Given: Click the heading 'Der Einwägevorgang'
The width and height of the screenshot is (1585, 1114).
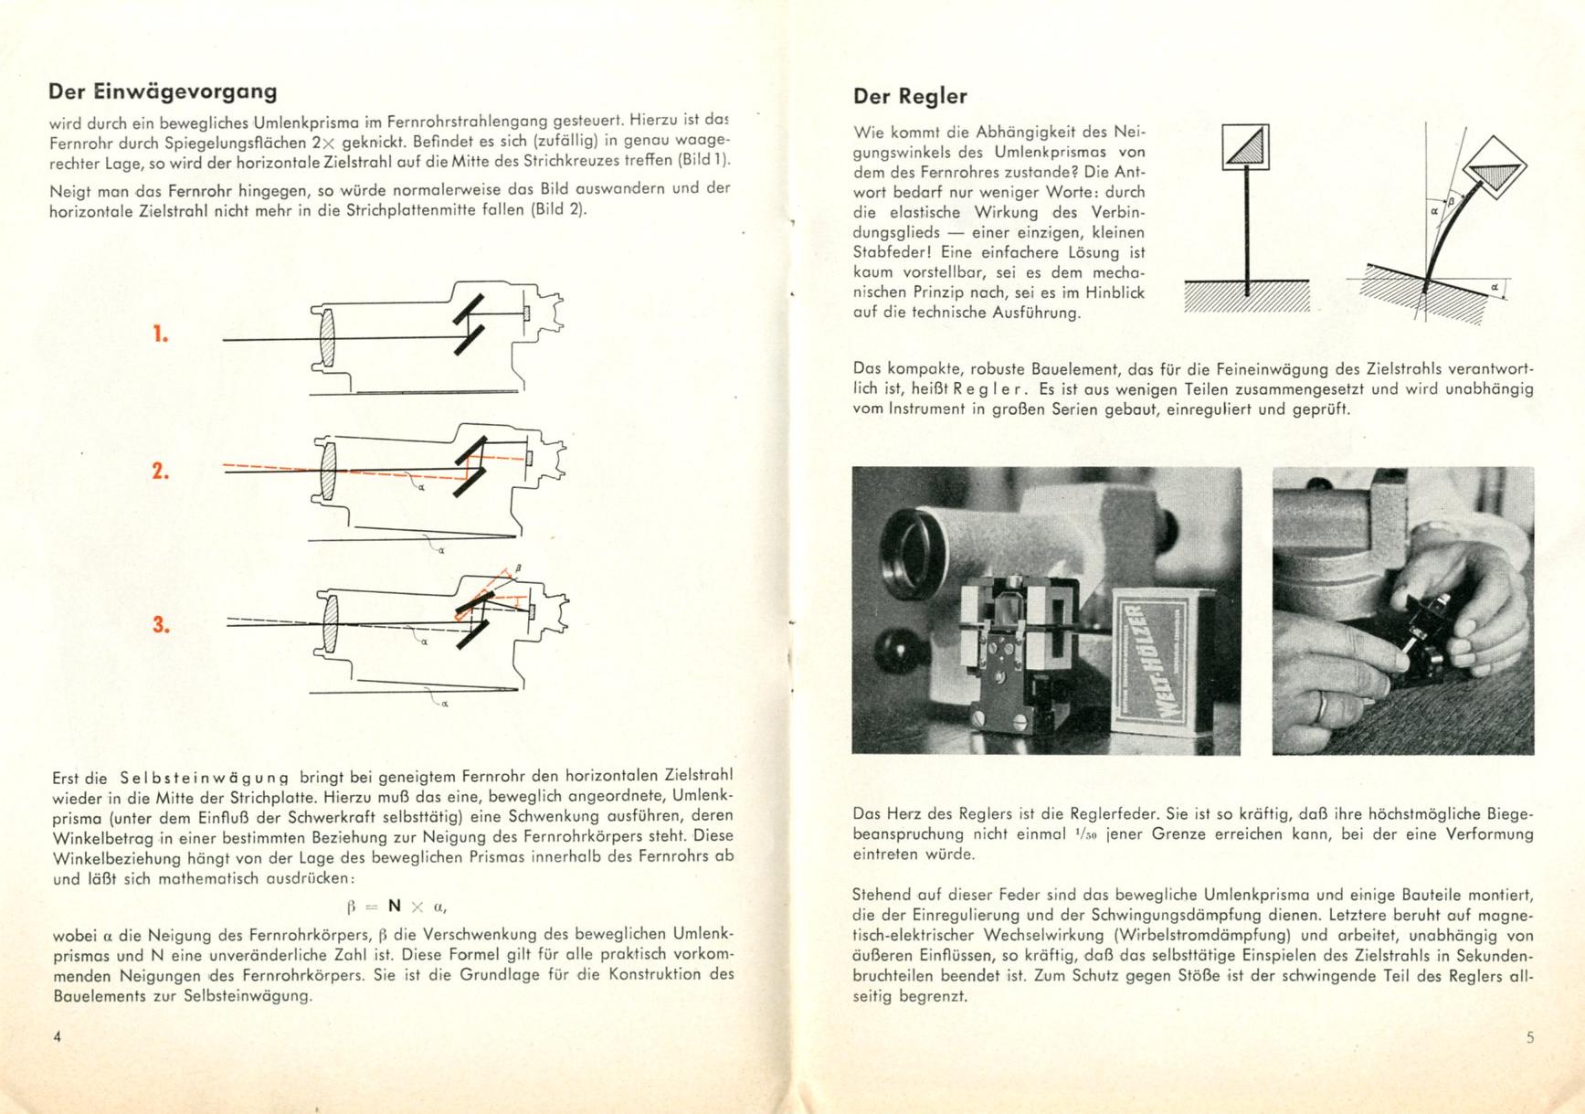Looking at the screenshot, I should point(163,91).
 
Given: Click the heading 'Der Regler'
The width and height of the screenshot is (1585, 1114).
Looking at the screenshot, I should point(909,96).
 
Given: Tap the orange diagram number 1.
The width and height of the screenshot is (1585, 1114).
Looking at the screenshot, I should point(161,334).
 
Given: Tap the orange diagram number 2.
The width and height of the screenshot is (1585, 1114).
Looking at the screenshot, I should point(161,472).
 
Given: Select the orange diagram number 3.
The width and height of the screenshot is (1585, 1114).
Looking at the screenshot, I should point(161,625).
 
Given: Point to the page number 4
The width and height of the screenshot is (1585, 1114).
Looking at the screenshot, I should point(58,1036).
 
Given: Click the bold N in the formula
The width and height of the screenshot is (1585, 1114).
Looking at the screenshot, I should point(395,906).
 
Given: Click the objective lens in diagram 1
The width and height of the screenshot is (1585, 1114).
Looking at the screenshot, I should point(328,339).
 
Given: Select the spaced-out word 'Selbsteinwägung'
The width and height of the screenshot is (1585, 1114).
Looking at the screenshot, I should point(204,778).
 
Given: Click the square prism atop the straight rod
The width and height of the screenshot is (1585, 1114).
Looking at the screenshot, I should point(1246,147).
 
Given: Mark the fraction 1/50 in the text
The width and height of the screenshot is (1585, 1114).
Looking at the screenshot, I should point(1085,834).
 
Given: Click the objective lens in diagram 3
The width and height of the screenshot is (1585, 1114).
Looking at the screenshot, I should point(328,621).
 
